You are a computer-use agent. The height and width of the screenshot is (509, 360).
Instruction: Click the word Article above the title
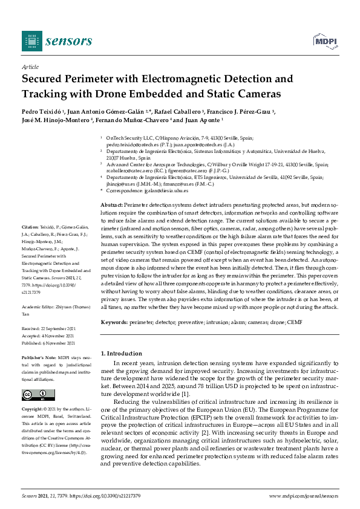tap(30, 67)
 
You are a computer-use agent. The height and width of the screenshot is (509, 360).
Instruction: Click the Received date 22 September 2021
tap(49, 329)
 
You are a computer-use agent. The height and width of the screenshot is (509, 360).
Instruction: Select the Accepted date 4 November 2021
tap(48, 336)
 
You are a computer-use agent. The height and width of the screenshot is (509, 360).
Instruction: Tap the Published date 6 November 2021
tap(49, 342)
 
